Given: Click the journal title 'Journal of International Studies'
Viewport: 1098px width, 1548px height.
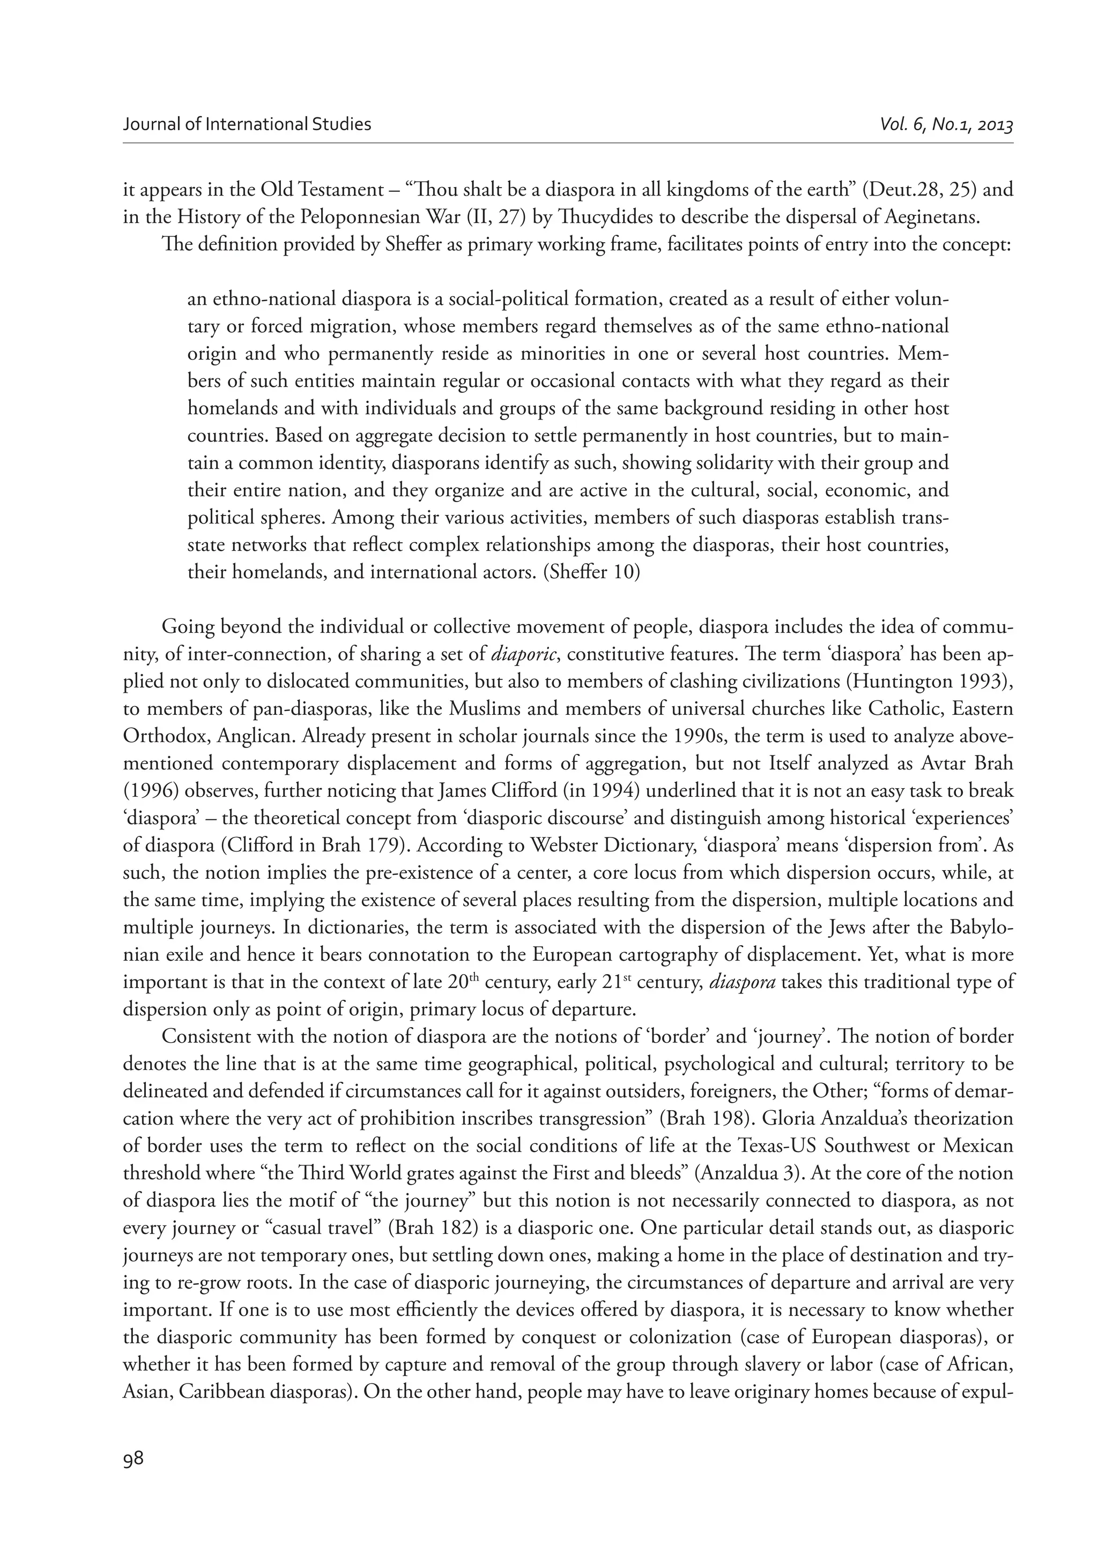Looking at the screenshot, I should point(248,124).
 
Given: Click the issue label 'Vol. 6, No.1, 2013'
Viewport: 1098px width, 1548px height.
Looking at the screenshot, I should point(946,124).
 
